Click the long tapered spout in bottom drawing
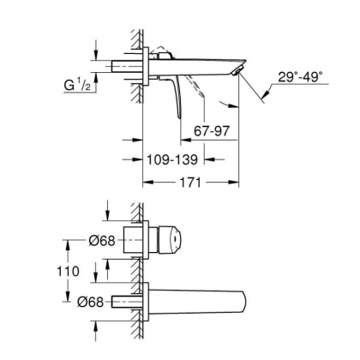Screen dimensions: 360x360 [206, 301]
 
